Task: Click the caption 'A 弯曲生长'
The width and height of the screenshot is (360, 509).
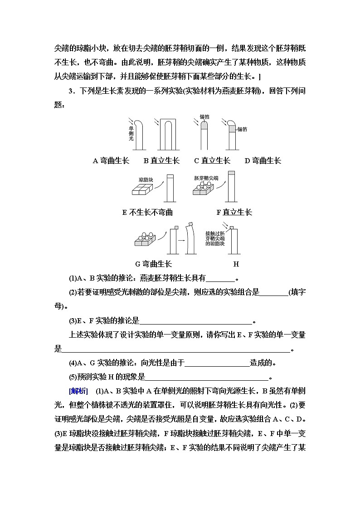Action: coord(111,160)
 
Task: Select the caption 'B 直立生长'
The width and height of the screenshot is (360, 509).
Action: coord(161,160)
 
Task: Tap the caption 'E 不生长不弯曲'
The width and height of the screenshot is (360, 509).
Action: coord(147,212)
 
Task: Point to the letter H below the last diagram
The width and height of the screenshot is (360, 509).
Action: coord(236,264)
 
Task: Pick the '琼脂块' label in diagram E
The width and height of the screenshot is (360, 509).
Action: coord(145,179)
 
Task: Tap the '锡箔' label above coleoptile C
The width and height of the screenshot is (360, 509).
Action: coord(204,117)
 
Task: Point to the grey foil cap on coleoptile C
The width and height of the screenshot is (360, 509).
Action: coord(204,125)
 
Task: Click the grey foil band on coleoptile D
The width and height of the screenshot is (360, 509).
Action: coord(232,129)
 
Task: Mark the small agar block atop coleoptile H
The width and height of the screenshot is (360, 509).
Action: coord(231,227)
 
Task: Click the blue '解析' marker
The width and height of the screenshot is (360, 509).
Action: coord(75,391)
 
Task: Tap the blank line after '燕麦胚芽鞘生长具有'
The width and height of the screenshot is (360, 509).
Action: coord(220,278)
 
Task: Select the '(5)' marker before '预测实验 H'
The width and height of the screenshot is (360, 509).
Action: coord(73,377)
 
